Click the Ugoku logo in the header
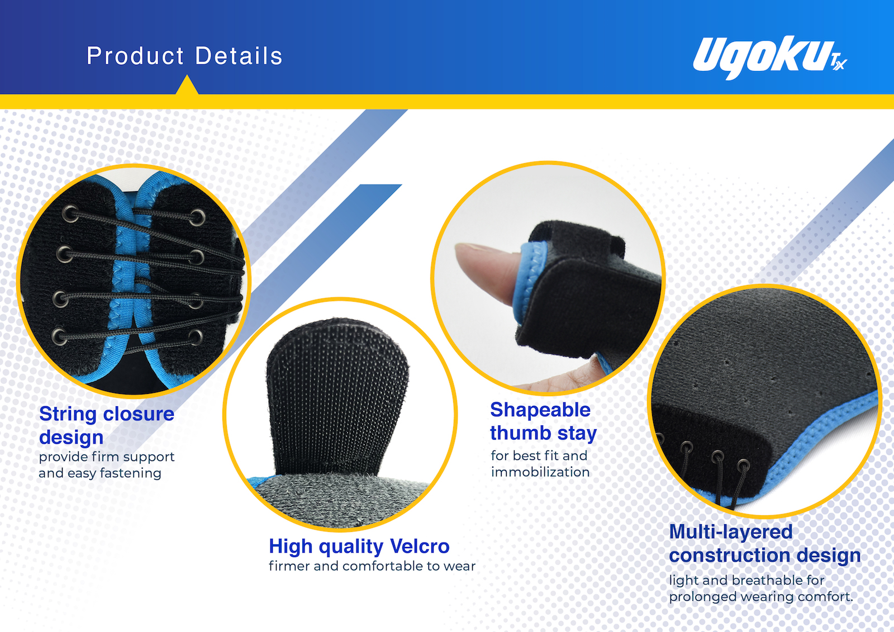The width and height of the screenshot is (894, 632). pos(769,58)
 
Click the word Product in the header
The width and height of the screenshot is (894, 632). pos(135,55)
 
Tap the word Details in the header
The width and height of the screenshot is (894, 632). pos(239,55)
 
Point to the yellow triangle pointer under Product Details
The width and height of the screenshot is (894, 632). pos(187,85)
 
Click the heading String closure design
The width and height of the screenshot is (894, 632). pos(107,425)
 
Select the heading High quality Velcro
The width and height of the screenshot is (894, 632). pos(359,546)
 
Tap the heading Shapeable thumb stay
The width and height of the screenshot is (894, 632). pos(543,421)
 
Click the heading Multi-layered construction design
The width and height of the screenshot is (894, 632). pos(765,543)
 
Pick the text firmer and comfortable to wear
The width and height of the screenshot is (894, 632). pos(372,566)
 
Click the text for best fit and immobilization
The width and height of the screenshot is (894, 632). pos(540,463)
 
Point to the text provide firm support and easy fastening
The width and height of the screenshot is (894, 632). pos(107,465)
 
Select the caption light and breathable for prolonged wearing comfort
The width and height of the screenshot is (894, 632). pos(760,588)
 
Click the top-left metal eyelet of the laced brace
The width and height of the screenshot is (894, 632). pos(70,214)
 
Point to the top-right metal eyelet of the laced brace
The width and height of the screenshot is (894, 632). pos(198,218)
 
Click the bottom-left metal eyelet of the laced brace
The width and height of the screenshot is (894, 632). pos(59,336)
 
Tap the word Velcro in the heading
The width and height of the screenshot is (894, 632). pos(420,546)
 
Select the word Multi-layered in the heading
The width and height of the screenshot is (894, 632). pos(731,532)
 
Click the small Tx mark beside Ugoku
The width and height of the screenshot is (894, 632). pos(839,63)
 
